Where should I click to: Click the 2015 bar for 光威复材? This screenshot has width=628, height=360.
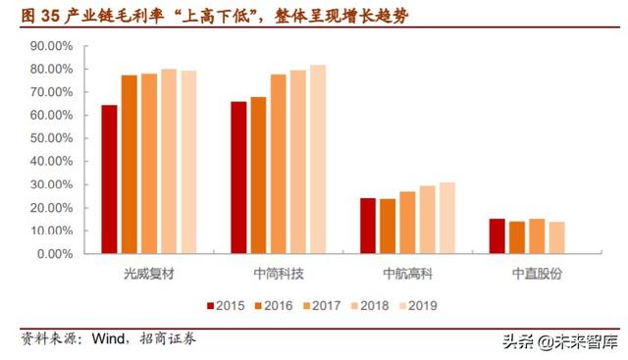click(x=109, y=179)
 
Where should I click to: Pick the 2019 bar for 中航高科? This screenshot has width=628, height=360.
click(x=447, y=218)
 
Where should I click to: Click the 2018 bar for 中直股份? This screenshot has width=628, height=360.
click(x=556, y=237)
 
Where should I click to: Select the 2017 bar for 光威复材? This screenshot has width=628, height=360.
click(x=149, y=163)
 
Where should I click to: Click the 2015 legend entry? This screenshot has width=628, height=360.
click(x=228, y=305)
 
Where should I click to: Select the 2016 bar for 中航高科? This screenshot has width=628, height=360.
click(x=388, y=226)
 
